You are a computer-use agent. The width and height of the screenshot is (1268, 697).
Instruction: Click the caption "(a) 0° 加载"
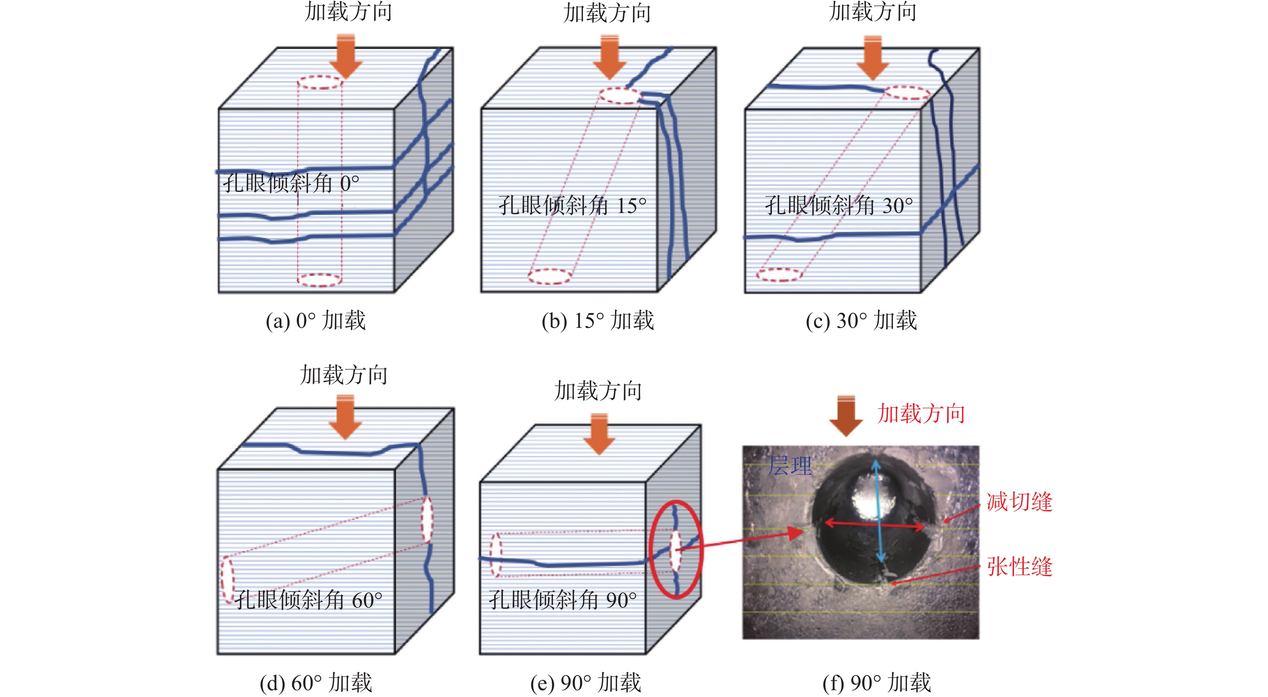pyautogui.click(x=316, y=321)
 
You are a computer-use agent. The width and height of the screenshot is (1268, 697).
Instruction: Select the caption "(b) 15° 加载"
pyautogui.click(x=598, y=321)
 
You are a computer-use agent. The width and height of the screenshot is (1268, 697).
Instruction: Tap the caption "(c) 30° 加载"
pyautogui.click(x=861, y=321)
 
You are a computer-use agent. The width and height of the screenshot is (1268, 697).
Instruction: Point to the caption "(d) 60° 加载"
pyautogui.click(x=316, y=683)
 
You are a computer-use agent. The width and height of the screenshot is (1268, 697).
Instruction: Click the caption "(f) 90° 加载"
pyautogui.click(x=877, y=683)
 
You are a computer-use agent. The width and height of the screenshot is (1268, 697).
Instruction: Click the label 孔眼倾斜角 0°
pyautogui.click(x=290, y=183)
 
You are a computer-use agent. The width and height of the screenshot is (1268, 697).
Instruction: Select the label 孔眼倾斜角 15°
pyautogui.click(x=572, y=205)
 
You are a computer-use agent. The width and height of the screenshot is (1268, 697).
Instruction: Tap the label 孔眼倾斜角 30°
pyautogui.click(x=838, y=205)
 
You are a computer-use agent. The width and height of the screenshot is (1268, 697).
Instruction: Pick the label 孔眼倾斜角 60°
pyautogui.click(x=308, y=600)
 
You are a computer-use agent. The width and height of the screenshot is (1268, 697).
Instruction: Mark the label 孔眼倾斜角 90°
pyautogui.click(x=562, y=600)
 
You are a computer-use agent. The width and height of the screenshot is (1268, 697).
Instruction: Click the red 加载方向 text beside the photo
pyautogui.click(x=921, y=414)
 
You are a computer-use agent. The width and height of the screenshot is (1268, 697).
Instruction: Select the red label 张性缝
pyautogui.click(x=1019, y=567)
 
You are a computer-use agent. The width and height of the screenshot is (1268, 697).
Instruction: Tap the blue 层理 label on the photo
pyautogui.click(x=789, y=465)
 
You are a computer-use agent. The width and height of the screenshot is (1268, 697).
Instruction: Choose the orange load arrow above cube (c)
pyautogui.click(x=873, y=57)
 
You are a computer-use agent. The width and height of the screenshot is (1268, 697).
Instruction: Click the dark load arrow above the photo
pyautogui.click(x=846, y=415)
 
